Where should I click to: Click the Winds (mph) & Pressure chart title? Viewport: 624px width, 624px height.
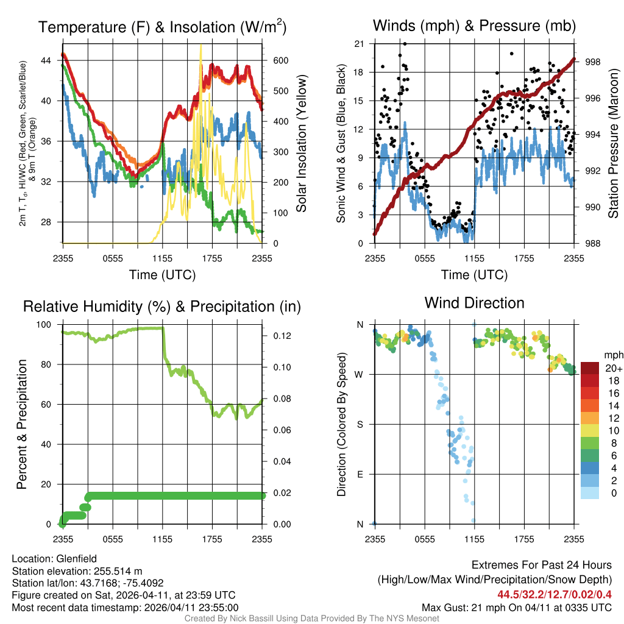[474, 26]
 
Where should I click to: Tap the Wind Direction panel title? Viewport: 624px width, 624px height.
[474, 303]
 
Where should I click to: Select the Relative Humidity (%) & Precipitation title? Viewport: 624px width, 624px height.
[162, 307]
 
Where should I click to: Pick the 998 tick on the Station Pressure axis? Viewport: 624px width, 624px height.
[592, 62]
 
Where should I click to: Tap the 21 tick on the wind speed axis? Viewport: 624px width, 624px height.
[359, 44]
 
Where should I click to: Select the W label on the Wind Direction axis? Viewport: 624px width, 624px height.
[360, 374]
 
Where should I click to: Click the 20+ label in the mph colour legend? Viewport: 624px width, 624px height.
[612, 368]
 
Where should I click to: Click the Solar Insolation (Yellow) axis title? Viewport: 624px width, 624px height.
[301, 143]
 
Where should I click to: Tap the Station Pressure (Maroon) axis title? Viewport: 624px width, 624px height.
[613, 143]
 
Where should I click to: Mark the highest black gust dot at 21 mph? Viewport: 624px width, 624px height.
[405, 44]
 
